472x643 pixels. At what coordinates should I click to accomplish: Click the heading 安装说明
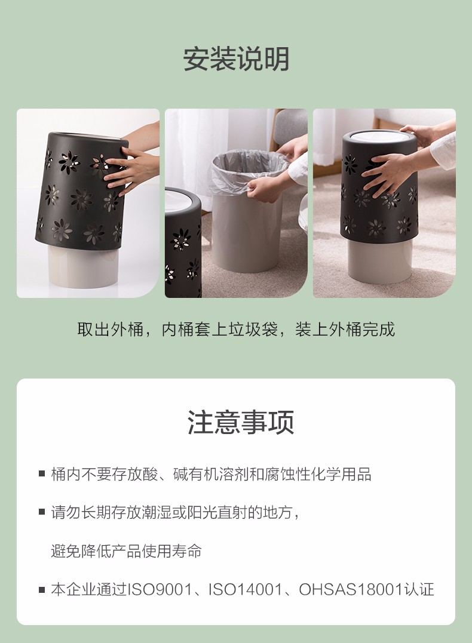(x=236, y=59)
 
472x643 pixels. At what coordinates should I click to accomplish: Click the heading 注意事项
(x=241, y=422)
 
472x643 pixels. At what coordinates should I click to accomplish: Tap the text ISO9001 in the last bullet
(x=160, y=590)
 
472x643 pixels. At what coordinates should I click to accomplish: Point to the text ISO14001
(x=246, y=590)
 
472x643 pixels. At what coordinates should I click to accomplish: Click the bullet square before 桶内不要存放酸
(x=42, y=473)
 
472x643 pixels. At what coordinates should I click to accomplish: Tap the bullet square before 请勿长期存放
(x=42, y=512)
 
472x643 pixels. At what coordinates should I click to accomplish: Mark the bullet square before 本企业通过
(x=42, y=590)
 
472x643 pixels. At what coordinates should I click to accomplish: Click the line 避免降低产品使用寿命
(x=127, y=550)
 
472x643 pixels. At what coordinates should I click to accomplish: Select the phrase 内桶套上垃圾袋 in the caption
(x=220, y=330)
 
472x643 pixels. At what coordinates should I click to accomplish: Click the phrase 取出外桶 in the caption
(x=110, y=330)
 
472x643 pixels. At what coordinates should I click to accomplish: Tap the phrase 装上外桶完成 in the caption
(x=345, y=330)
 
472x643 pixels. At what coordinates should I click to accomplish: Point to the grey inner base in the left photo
(x=83, y=266)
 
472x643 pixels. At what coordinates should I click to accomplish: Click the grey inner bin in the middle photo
(x=247, y=232)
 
